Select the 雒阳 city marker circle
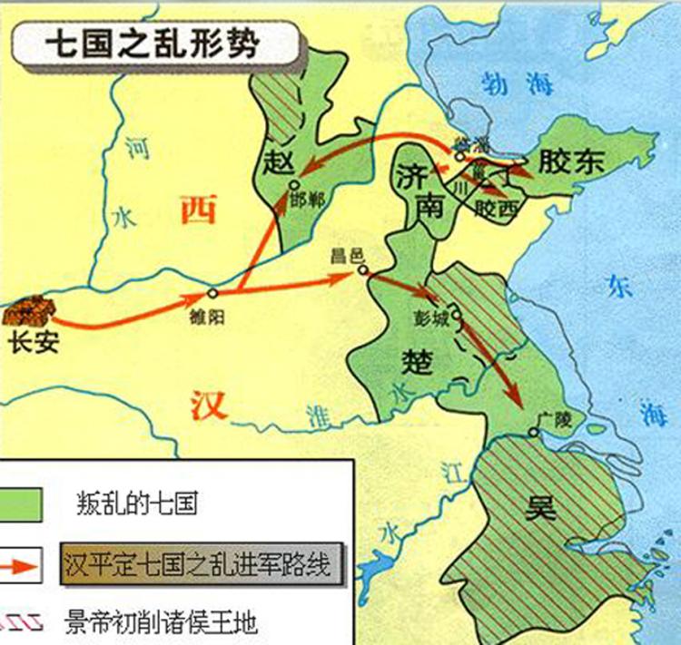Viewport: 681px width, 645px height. coord(212,293)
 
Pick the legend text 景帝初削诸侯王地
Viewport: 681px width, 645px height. coord(163,622)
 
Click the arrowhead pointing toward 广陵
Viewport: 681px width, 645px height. coord(514,400)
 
